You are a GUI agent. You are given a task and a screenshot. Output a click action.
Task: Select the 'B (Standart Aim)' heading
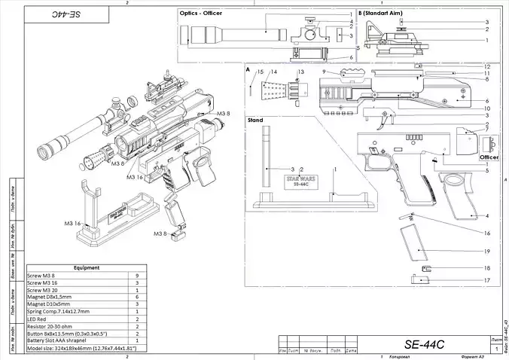coord(383,14)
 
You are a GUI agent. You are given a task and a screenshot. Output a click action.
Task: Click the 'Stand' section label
coord(254,119)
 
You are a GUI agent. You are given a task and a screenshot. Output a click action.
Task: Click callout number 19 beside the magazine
coord(487,251)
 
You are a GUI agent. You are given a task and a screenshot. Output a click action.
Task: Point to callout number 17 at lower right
coord(487,280)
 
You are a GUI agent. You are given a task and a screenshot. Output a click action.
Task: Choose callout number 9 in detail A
coord(323,72)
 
